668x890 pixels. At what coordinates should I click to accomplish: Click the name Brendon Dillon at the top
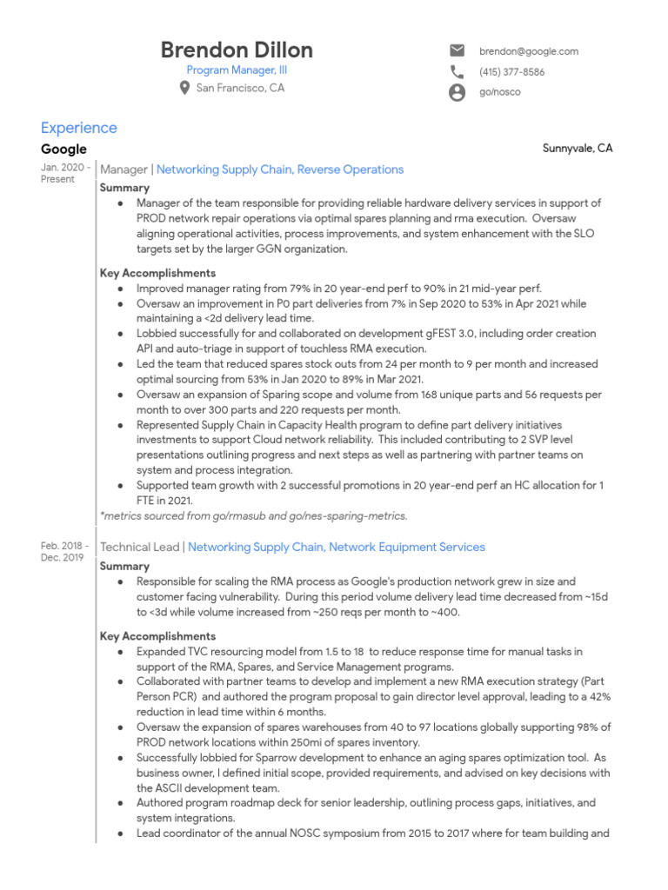point(237,50)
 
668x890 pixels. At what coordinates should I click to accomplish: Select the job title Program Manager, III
point(237,70)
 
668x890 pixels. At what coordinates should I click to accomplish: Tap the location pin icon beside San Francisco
point(184,88)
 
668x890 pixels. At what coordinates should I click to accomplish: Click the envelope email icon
point(457,51)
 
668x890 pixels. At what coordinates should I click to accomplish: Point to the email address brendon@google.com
point(528,51)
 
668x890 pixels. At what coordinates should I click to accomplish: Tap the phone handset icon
point(457,72)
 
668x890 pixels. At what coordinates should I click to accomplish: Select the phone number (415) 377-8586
point(511,72)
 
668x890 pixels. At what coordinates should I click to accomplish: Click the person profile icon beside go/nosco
point(457,92)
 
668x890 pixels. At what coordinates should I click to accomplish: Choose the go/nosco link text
point(499,92)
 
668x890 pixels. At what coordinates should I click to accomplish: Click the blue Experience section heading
point(78,128)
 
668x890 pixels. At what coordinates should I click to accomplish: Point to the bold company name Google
point(63,149)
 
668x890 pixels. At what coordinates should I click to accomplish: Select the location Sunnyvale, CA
point(578,149)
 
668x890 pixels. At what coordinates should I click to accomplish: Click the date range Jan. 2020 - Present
point(64,173)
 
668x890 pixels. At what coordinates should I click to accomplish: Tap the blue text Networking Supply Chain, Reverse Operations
point(279,169)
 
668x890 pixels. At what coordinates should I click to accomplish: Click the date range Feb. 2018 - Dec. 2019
point(63,551)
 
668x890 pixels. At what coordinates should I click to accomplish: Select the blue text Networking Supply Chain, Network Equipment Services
point(336,547)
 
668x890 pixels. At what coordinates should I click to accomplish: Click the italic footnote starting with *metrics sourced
point(253,515)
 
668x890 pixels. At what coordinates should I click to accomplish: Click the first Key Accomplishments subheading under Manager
point(157,273)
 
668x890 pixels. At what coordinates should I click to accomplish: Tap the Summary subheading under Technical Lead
point(124,566)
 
